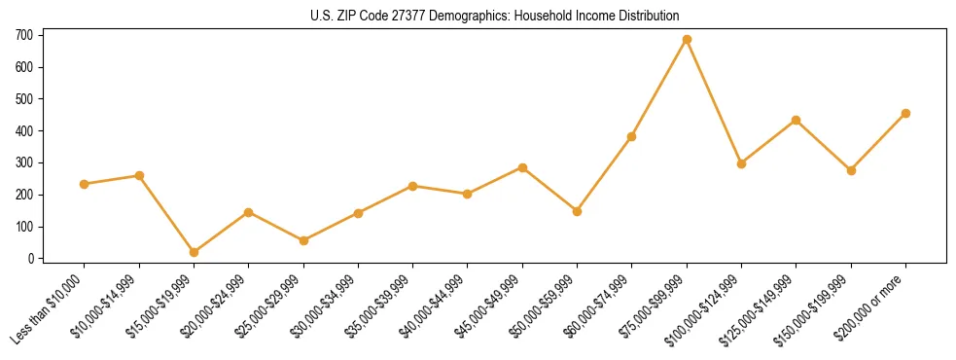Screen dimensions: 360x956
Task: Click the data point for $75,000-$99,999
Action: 687,39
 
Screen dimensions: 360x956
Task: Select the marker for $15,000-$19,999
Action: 194,252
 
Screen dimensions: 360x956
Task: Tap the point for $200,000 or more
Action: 905,113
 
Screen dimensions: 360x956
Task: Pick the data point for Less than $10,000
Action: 84,184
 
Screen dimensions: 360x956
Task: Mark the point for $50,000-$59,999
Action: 577,211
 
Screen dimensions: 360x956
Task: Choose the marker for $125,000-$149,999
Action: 796,120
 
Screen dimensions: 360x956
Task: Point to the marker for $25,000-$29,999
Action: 303,240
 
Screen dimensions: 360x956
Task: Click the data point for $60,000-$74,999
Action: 631,136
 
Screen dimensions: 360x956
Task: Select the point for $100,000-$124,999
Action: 741,163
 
